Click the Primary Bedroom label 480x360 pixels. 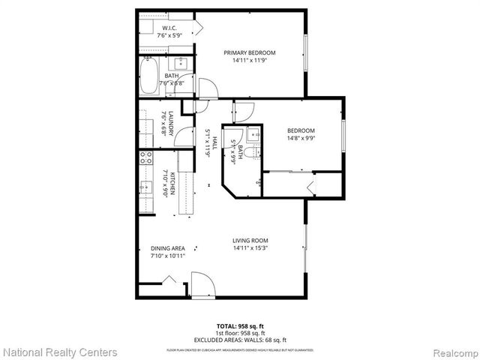tap(250, 52)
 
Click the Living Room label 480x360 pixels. tap(250, 240)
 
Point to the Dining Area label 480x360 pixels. tap(167, 248)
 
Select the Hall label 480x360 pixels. tap(214, 142)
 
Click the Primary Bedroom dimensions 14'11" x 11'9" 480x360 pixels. tap(250, 61)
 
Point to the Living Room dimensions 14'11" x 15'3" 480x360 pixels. tap(250, 248)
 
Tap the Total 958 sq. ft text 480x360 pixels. tap(239, 325)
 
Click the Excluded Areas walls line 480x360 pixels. tap(239, 339)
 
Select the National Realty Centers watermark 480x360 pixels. tap(60, 352)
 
